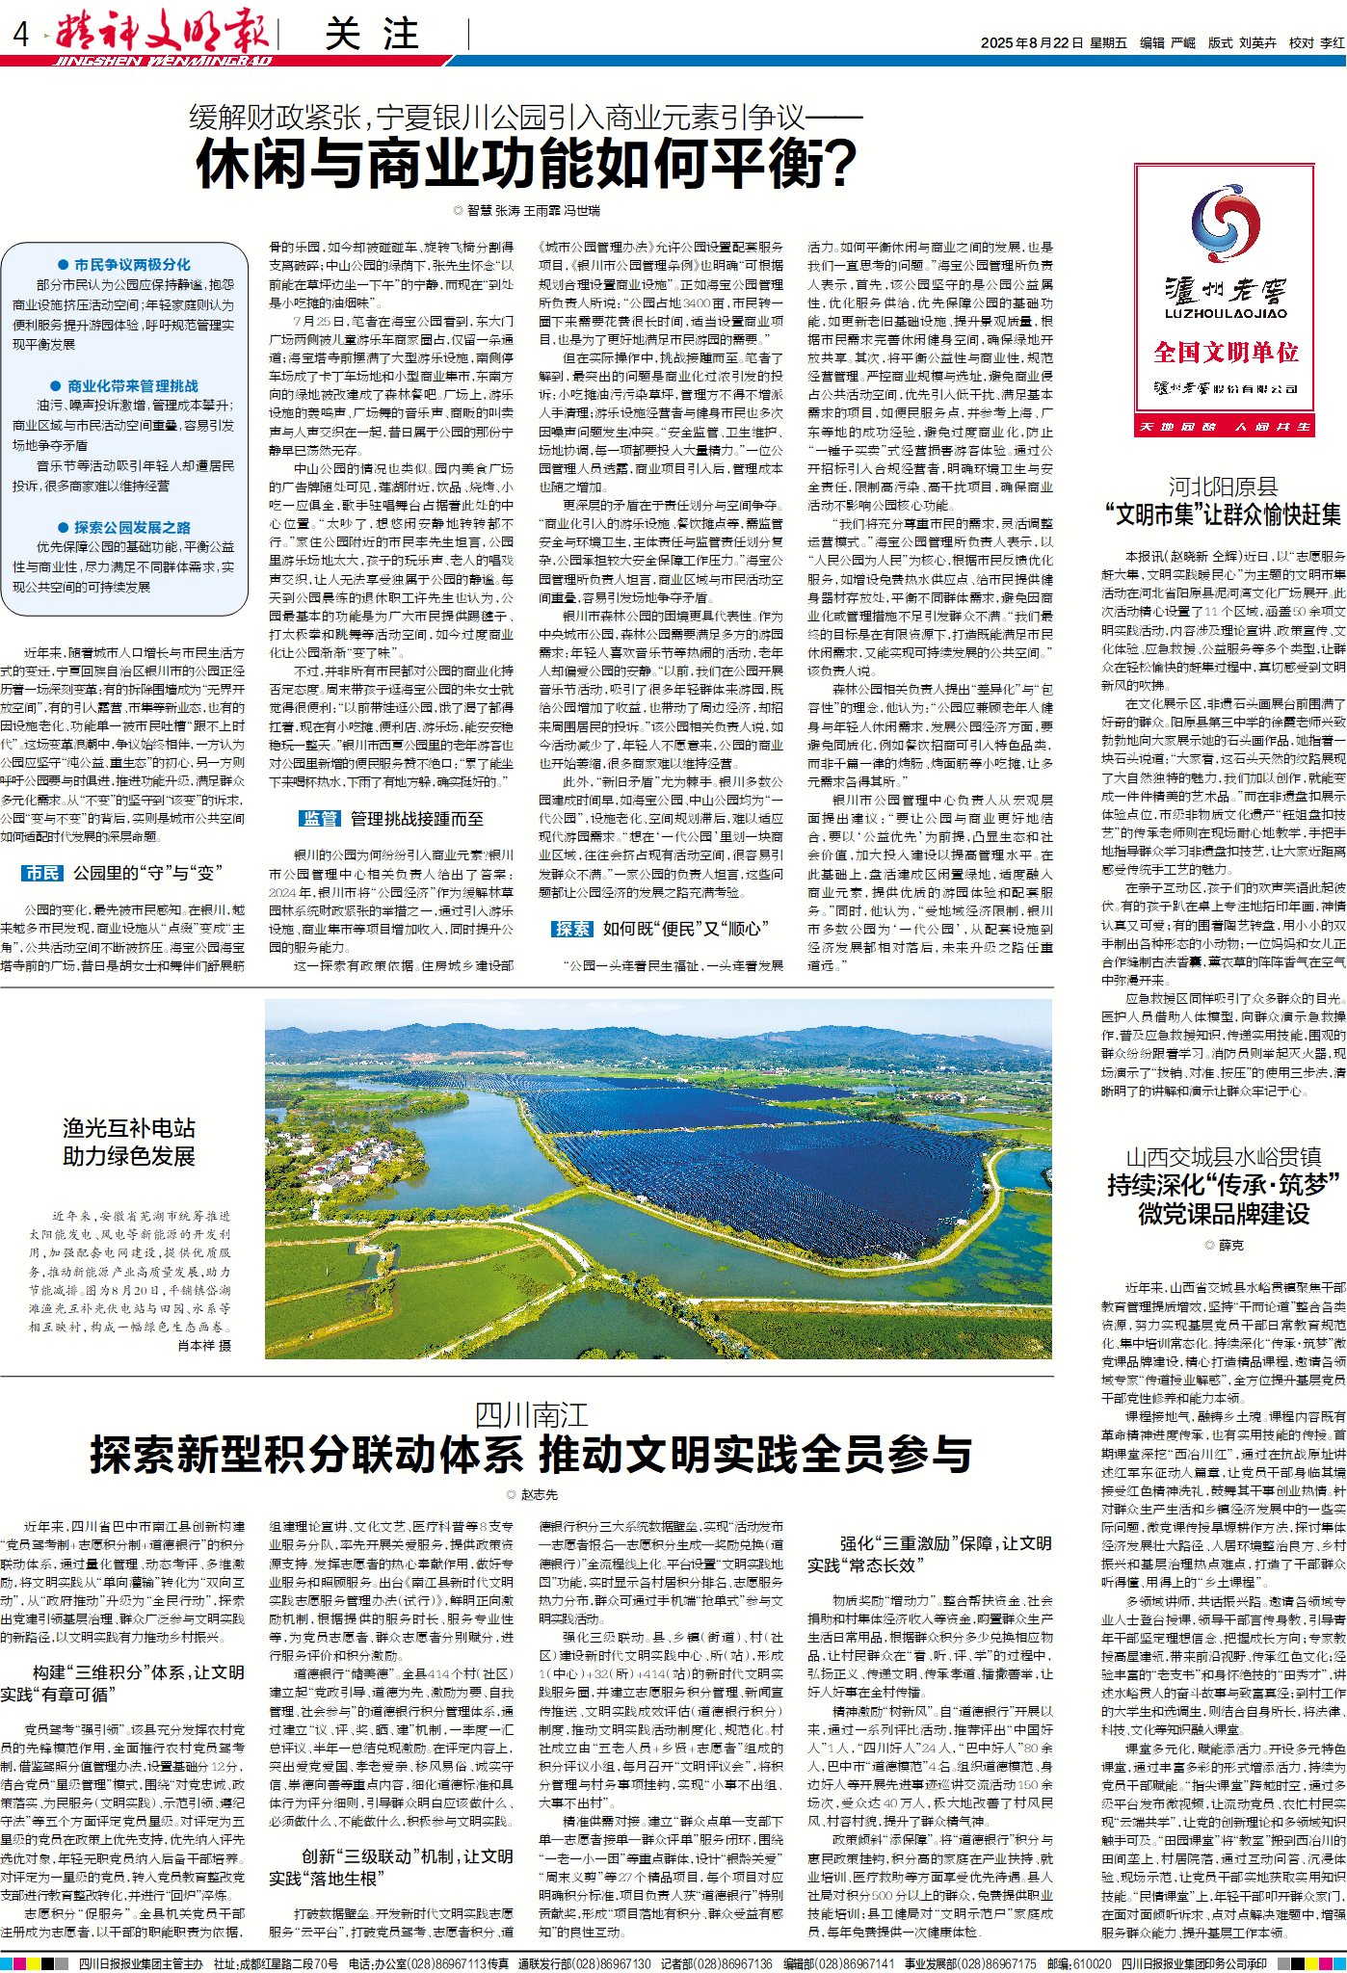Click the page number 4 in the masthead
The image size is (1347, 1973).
[x=21, y=36]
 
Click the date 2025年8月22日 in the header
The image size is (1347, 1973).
[x=1031, y=42]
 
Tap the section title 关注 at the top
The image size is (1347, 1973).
[x=372, y=35]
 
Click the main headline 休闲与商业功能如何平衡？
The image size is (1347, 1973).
[x=526, y=165]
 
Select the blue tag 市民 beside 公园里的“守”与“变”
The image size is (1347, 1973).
[x=41, y=873]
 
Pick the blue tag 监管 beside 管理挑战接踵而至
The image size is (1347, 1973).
[x=320, y=818]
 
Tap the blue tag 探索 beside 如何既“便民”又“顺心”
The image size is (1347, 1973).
[x=572, y=928]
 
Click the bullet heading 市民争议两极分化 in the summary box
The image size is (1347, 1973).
[x=132, y=264]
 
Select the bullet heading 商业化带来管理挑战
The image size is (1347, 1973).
[x=132, y=385]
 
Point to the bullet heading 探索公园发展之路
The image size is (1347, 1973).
[x=132, y=527]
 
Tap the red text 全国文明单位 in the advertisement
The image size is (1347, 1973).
[x=1226, y=353]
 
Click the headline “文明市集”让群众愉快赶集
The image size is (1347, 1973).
[x=1223, y=514]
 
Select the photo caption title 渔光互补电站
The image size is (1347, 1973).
[x=128, y=1127]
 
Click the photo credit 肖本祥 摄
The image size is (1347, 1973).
[x=204, y=1346]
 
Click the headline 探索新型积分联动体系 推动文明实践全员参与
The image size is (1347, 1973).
[x=531, y=1454]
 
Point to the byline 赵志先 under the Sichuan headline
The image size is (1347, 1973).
[x=539, y=1494]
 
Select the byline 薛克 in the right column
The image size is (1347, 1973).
[x=1230, y=1246]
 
